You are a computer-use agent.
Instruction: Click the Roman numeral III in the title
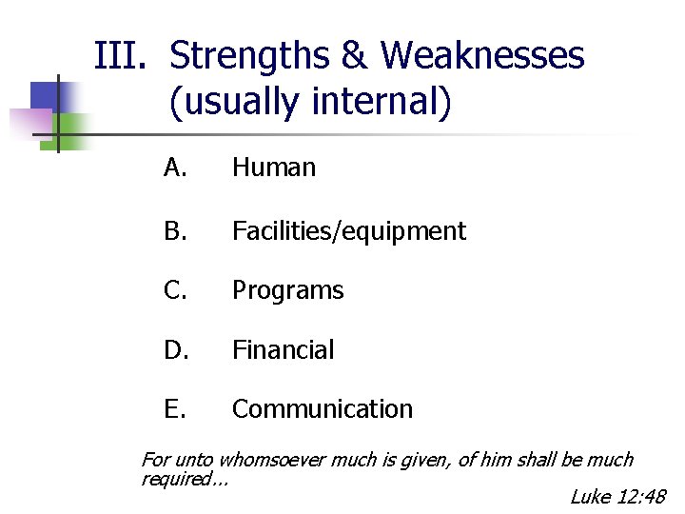(119, 57)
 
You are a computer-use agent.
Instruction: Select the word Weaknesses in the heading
(482, 57)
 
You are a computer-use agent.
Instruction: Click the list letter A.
(175, 168)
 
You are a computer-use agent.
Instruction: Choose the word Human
(274, 168)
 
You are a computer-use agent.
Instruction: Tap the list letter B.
(175, 231)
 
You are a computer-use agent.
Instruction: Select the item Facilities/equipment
(349, 231)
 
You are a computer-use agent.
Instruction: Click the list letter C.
(175, 290)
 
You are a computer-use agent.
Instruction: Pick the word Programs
(288, 290)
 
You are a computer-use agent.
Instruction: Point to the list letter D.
(175, 350)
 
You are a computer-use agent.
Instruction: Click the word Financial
(284, 350)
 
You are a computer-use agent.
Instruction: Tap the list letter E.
(175, 409)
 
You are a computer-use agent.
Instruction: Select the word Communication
(323, 409)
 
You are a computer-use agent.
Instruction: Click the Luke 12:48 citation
(618, 497)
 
